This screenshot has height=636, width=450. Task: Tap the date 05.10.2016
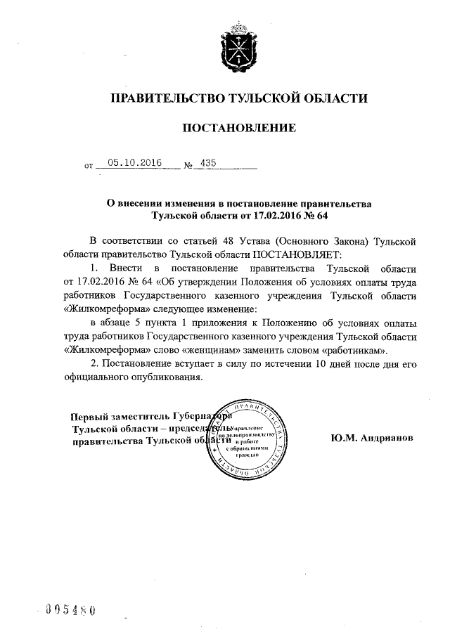(130, 163)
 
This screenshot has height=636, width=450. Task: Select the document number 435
(209, 163)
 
